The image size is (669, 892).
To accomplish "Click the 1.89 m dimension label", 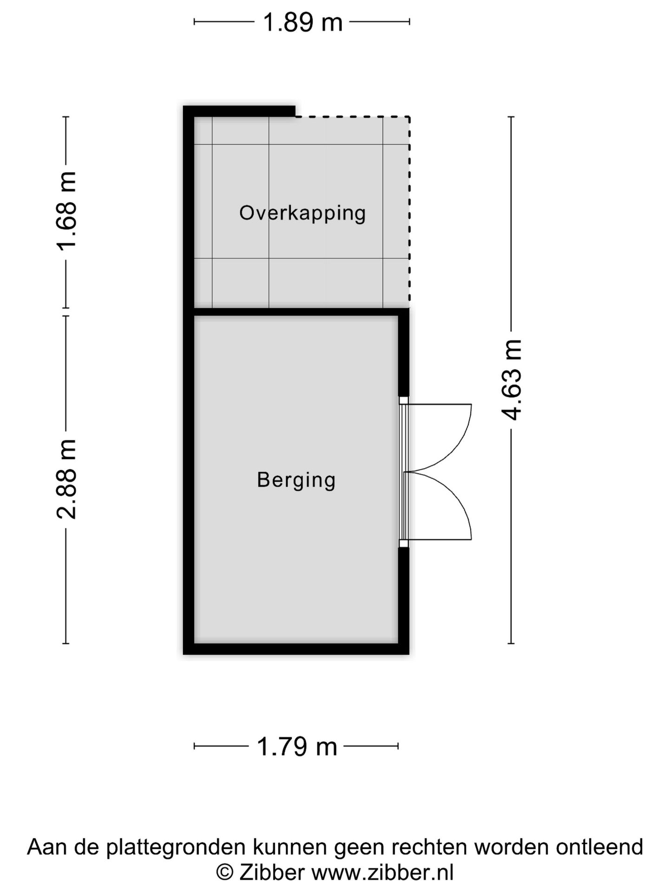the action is [302, 22].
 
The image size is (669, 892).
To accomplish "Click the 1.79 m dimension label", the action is [296, 747].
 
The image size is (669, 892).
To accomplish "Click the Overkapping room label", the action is [302, 214].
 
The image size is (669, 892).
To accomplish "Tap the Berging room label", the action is [296, 480].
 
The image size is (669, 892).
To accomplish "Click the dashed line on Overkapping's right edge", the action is [409, 211].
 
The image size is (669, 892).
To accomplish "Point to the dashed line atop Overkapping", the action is [353, 116].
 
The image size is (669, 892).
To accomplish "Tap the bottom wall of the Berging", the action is [296, 649].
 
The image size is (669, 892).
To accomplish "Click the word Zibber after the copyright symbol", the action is [271, 872].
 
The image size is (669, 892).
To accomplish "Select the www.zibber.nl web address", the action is [382, 872].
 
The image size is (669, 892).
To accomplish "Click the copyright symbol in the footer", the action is [225, 872].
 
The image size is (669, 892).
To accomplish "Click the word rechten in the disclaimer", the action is [430, 847].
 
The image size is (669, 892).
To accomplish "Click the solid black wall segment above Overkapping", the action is [239, 111].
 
